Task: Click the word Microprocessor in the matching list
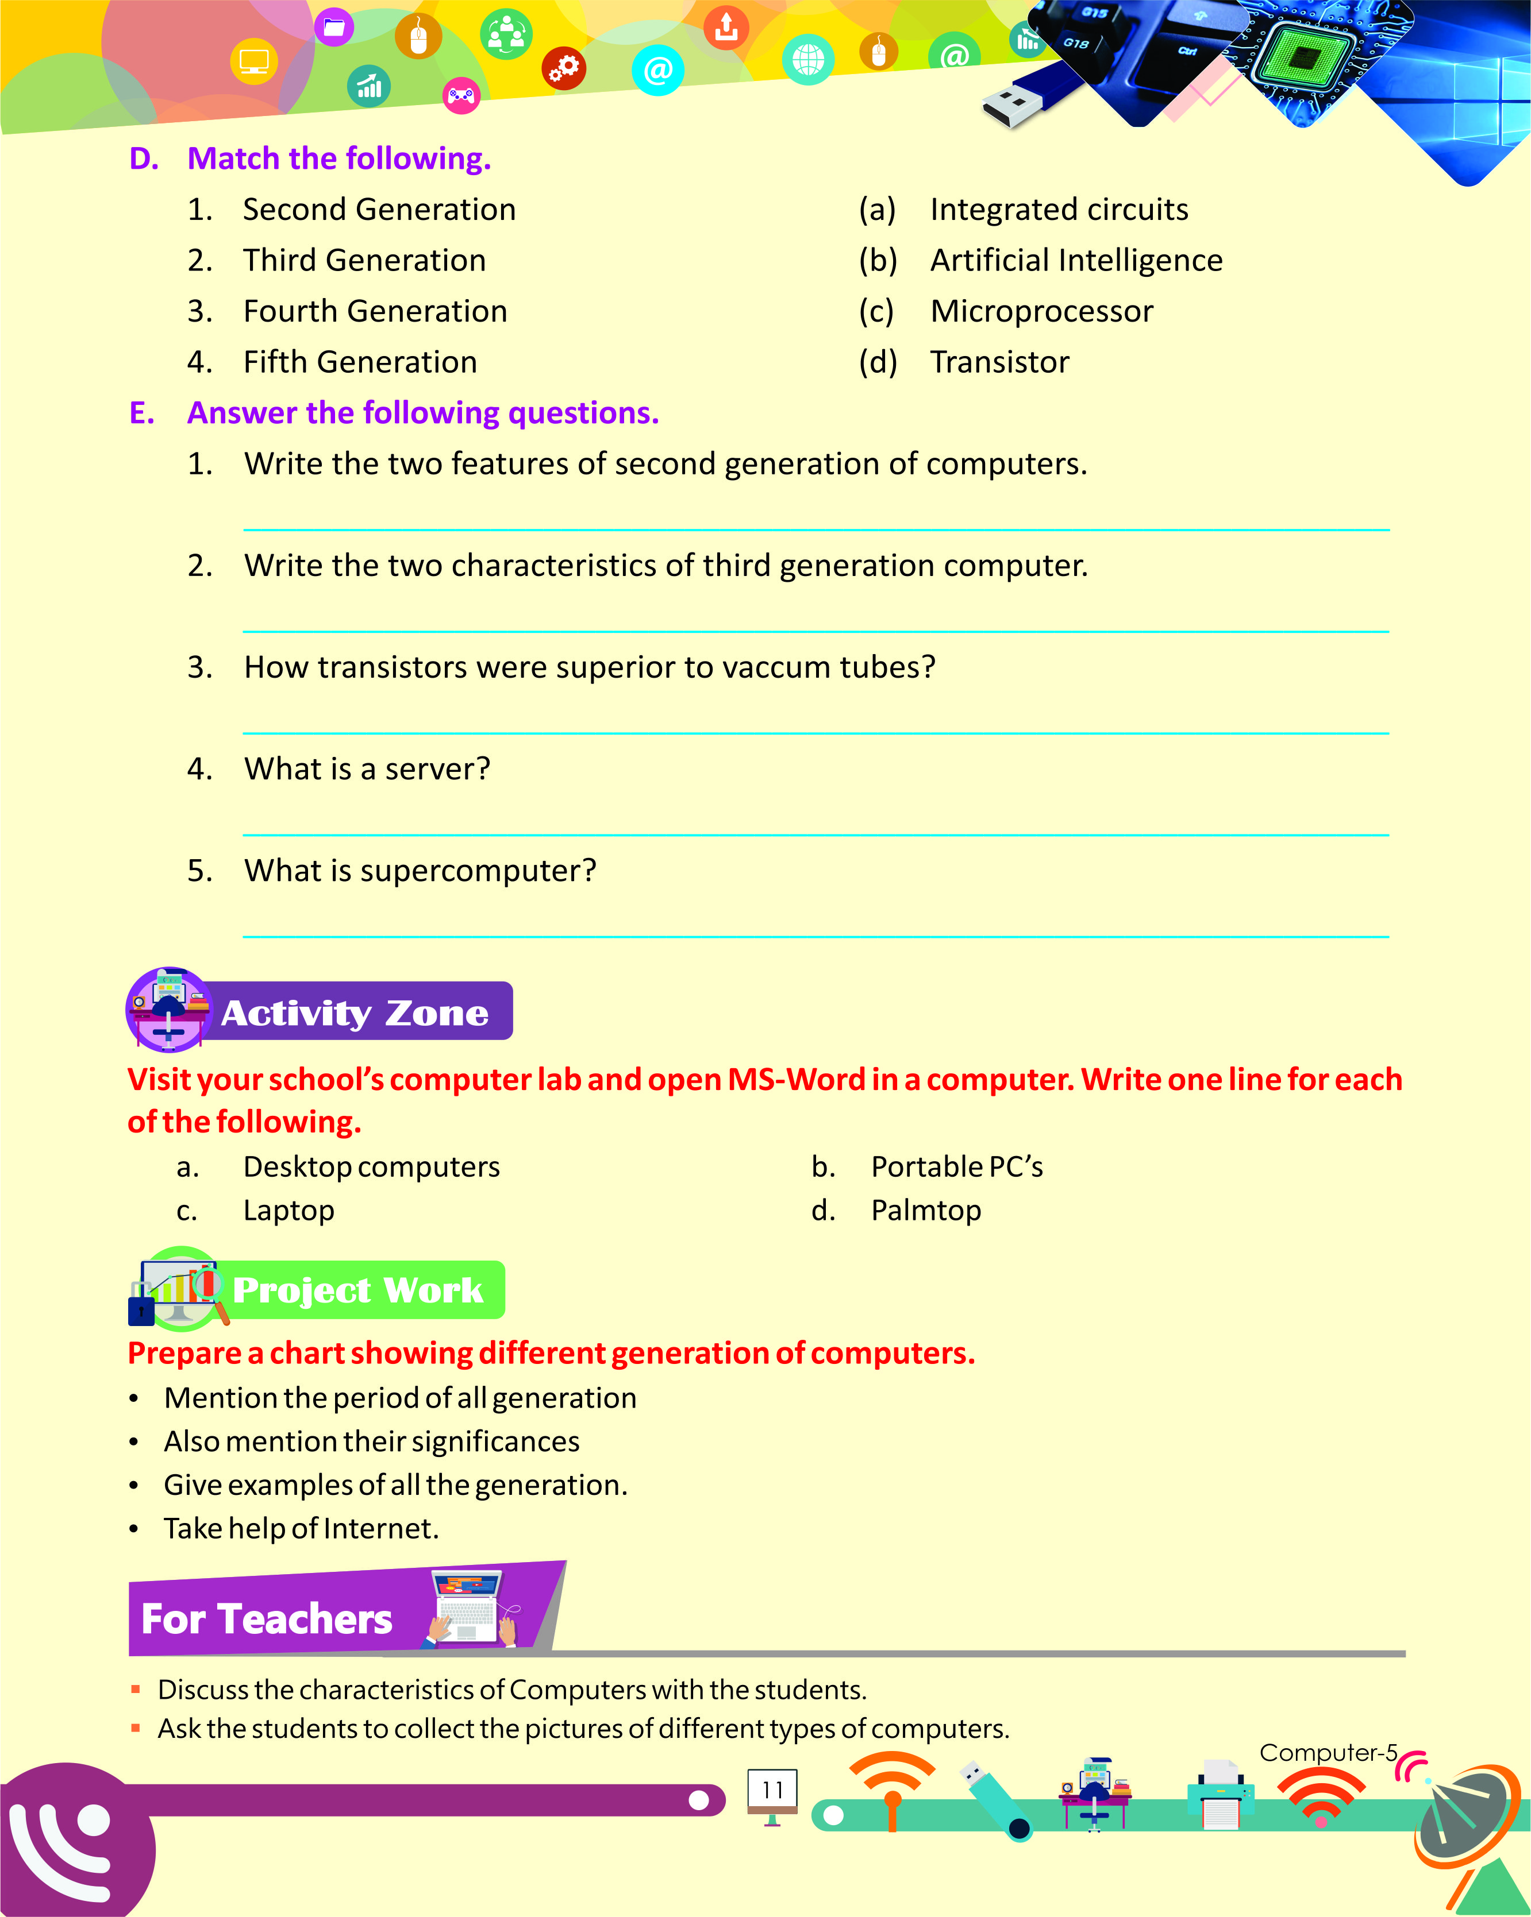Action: point(1041,311)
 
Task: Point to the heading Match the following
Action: point(339,159)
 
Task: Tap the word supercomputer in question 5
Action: point(478,871)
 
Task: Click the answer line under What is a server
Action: point(815,834)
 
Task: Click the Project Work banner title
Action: point(357,1290)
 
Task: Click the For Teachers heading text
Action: point(267,1619)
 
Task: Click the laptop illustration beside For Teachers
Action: point(468,1607)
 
